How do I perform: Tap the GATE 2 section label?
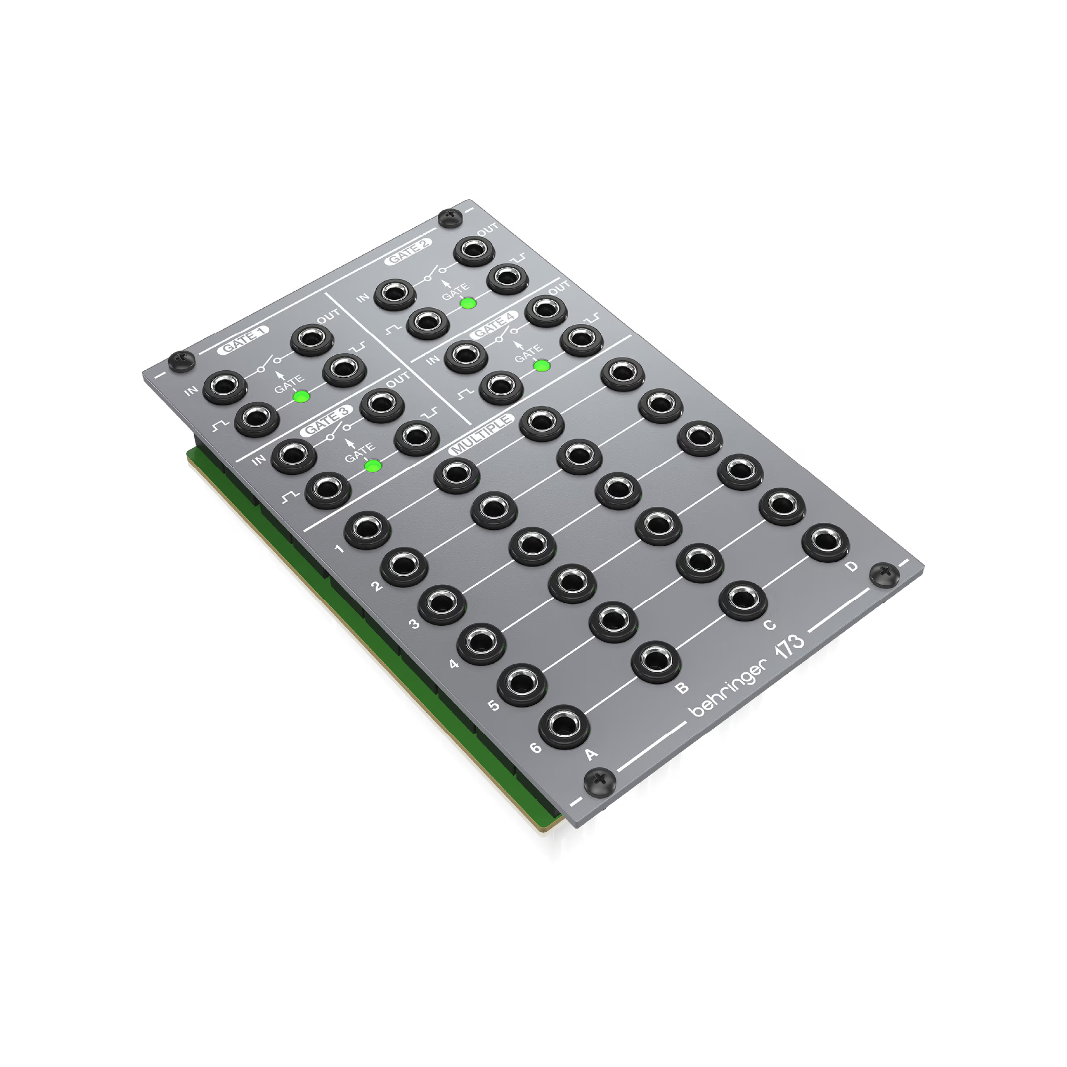coord(409,251)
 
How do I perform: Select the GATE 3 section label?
coord(327,421)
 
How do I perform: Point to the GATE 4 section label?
coord(493,326)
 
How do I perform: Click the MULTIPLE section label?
coord(481,435)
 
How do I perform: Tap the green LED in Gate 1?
coord(301,396)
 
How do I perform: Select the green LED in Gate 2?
coord(468,302)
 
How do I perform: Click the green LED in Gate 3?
coord(373,466)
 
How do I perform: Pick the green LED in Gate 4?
coord(541,365)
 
